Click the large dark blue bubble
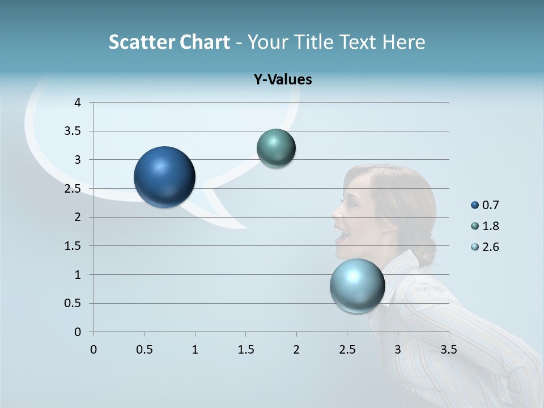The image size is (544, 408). pyautogui.click(x=164, y=177)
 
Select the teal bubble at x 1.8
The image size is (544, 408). pyautogui.click(x=276, y=148)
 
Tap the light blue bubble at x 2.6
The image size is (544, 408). pyautogui.click(x=357, y=286)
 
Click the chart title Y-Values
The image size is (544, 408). pyautogui.click(x=283, y=80)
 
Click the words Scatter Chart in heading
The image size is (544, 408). pyautogui.click(x=169, y=42)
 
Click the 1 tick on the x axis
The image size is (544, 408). pyautogui.click(x=195, y=350)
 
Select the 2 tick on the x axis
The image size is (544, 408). pyautogui.click(x=296, y=350)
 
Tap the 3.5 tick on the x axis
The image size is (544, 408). pyautogui.click(x=448, y=350)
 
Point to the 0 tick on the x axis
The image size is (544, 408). pyautogui.click(x=93, y=350)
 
